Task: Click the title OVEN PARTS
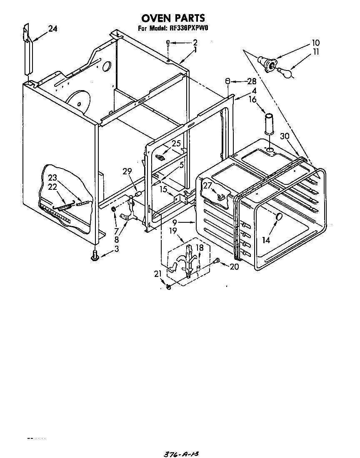(173, 18)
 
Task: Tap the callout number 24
(52, 29)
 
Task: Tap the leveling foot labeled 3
(95, 255)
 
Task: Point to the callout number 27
(207, 186)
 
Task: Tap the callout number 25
(177, 143)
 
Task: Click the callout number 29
(127, 171)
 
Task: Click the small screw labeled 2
(167, 43)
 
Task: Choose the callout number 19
(174, 229)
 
